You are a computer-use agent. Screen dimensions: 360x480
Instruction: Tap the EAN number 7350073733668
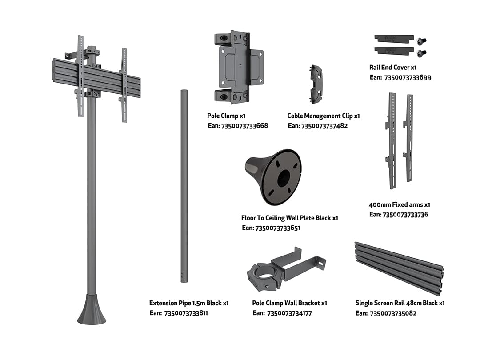coord(244,126)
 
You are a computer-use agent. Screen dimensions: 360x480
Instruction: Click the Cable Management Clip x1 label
coord(323,116)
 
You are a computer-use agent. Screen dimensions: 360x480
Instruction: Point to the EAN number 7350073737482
coord(324,126)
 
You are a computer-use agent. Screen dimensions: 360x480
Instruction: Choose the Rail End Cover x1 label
coord(392,68)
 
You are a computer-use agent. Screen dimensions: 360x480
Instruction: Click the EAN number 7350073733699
coord(407,77)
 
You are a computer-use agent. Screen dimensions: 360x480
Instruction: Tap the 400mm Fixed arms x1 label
coord(399,205)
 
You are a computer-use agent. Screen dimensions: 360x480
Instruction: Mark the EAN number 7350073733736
coord(405,215)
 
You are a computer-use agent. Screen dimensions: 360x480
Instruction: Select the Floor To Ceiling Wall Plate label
coord(289,218)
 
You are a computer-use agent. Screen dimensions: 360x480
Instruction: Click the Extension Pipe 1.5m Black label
coord(188,303)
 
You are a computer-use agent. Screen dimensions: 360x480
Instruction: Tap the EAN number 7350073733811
coord(186,313)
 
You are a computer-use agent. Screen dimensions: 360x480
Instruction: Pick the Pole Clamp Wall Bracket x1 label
coord(289,303)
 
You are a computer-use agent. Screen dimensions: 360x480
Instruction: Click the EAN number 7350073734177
coord(289,313)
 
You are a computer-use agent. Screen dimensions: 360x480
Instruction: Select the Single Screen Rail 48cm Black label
coord(400,303)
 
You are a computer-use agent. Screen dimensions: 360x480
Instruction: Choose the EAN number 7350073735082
coord(392,313)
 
